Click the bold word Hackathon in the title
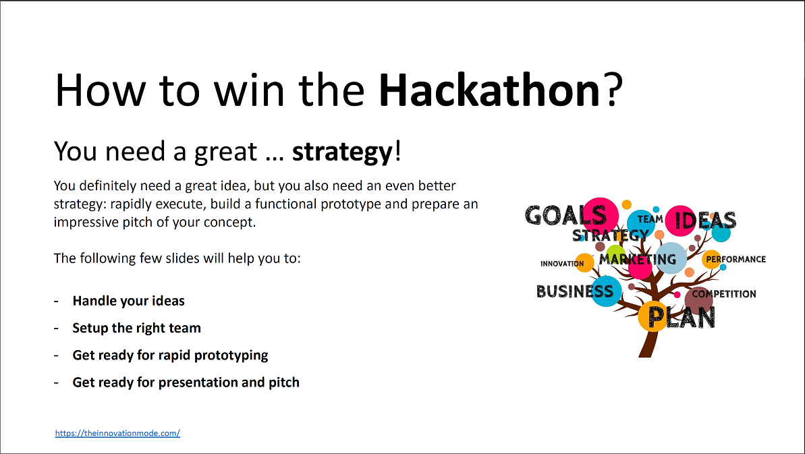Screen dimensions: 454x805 pos(489,91)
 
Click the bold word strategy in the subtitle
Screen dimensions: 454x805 pos(341,152)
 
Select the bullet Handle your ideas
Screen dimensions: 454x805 pos(128,301)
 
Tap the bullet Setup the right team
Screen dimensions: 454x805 pos(136,329)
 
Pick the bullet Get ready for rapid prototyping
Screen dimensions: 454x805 pos(170,356)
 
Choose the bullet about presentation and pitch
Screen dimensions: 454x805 pos(186,382)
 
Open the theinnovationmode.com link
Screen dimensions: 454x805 pos(117,433)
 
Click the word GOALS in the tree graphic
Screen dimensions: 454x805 pos(565,216)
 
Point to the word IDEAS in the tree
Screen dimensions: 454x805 pos(705,220)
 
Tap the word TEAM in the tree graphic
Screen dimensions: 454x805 pos(650,219)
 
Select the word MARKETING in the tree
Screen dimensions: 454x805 pos(637,259)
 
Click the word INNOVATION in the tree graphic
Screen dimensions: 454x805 pos(561,264)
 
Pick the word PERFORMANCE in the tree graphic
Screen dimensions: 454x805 pos(735,259)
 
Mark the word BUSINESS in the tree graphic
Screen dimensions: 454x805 pos(575,291)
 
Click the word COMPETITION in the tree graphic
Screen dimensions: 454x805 pos(724,294)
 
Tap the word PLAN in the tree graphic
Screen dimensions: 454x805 pos(682,318)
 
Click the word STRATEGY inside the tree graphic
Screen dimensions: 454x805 pos(610,235)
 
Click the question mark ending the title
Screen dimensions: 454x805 pos(612,91)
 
